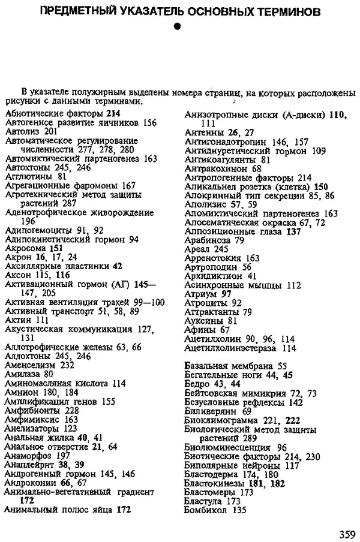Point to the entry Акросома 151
click(x=34, y=247)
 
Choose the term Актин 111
click(x=24, y=320)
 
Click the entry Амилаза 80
click(x=28, y=374)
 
